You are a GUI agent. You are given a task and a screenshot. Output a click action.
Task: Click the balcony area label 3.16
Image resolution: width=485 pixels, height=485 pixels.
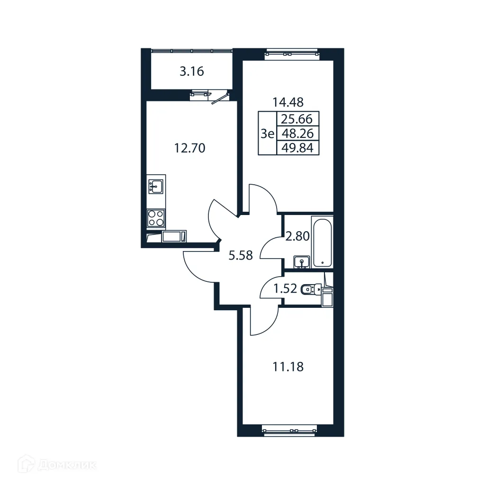pos(192,72)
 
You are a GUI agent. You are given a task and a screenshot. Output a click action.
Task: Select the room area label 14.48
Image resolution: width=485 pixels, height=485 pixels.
pos(287,102)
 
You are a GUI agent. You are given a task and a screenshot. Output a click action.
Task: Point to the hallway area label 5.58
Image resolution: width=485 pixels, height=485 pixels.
pos(241,256)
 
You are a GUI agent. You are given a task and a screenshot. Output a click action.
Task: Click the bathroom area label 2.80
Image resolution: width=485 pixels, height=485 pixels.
pos(297,236)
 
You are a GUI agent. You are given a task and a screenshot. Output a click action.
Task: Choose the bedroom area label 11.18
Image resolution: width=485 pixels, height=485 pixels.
pos(287,366)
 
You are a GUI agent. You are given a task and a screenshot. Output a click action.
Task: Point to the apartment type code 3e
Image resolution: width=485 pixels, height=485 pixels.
pos(267,134)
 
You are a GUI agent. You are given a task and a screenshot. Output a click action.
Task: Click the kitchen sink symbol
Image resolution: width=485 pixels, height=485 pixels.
pos(155,186)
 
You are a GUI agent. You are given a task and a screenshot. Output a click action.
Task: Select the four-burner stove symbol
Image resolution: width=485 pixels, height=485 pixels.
pos(156,218)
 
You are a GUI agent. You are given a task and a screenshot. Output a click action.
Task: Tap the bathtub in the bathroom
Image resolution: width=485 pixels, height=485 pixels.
pos(322,242)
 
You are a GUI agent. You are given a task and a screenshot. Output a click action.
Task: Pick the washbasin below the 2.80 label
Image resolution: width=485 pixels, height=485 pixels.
pos(301,261)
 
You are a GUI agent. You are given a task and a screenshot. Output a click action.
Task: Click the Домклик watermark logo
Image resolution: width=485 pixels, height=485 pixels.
pos(50,465)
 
